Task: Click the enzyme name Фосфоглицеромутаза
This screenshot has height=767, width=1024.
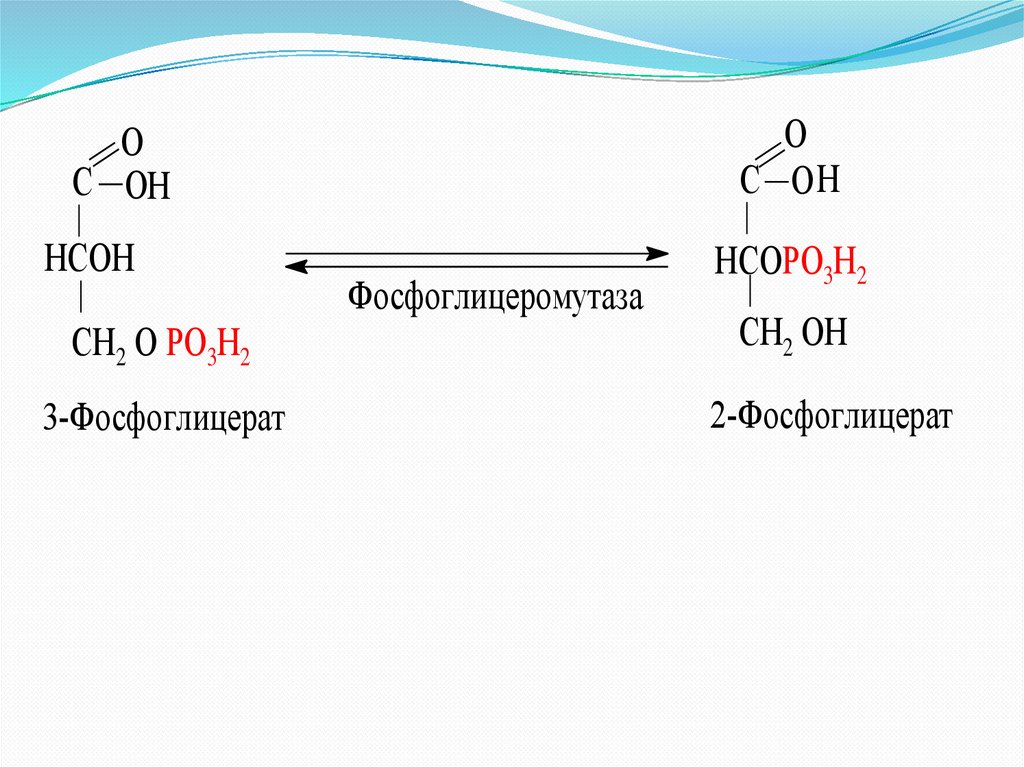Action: (x=495, y=299)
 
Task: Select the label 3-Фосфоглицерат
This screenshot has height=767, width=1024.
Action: (x=163, y=418)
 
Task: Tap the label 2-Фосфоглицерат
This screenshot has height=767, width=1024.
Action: (x=831, y=416)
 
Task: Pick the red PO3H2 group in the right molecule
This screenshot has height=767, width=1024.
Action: (x=825, y=268)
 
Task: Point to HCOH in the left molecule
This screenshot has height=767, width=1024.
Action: (x=89, y=260)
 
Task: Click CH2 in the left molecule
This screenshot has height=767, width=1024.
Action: (x=97, y=345)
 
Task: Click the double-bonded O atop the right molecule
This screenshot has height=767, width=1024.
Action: (x=795, y=134)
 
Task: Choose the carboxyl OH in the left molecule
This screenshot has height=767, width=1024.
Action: (x=148, y=187)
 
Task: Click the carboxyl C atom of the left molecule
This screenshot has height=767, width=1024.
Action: (x=82, y=185)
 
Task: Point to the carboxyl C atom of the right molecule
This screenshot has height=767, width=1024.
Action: (x=750, y=181)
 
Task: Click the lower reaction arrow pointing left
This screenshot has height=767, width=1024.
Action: (x=477, y=267)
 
